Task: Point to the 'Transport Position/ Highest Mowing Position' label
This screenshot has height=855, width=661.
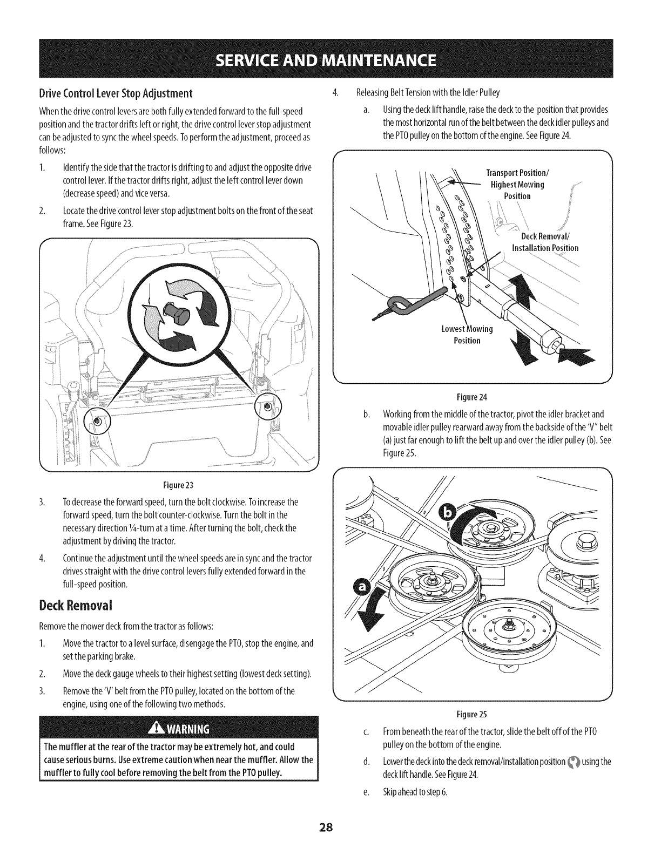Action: [517, 185]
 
